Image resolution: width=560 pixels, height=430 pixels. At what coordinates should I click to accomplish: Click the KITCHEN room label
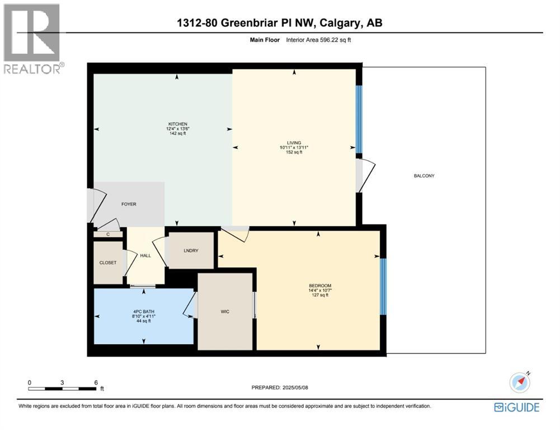point(178,124)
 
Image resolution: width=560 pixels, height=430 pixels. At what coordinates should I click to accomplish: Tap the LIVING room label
point(294,142)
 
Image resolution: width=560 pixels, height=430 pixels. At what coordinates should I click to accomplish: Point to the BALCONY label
point(423,176)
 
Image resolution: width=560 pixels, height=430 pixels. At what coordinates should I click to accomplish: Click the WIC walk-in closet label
point(225,311)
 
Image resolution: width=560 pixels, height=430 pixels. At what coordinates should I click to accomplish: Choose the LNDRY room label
point(191,251)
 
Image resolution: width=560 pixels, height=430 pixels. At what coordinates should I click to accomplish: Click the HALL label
point(145,255)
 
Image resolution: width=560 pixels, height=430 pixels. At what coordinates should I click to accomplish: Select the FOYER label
point(129,204)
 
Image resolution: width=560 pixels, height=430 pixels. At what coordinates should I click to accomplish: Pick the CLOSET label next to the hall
point(108,263)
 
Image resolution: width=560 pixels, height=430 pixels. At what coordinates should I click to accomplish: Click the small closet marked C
point(108,234)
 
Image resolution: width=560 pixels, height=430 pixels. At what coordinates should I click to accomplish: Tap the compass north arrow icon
point(520,382)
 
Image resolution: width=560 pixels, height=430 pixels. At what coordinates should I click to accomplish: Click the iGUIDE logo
point(516,407)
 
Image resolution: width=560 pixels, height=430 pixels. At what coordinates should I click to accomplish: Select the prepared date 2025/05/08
point(280,387)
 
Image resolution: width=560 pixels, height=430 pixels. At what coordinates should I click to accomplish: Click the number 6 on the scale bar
point(96,382)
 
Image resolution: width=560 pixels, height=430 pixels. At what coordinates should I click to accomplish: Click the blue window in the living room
point(359,119)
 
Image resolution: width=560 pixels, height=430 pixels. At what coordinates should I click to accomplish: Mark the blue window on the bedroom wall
point(383,286)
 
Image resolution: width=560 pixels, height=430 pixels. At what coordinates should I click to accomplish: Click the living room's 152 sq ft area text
point(294,152)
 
